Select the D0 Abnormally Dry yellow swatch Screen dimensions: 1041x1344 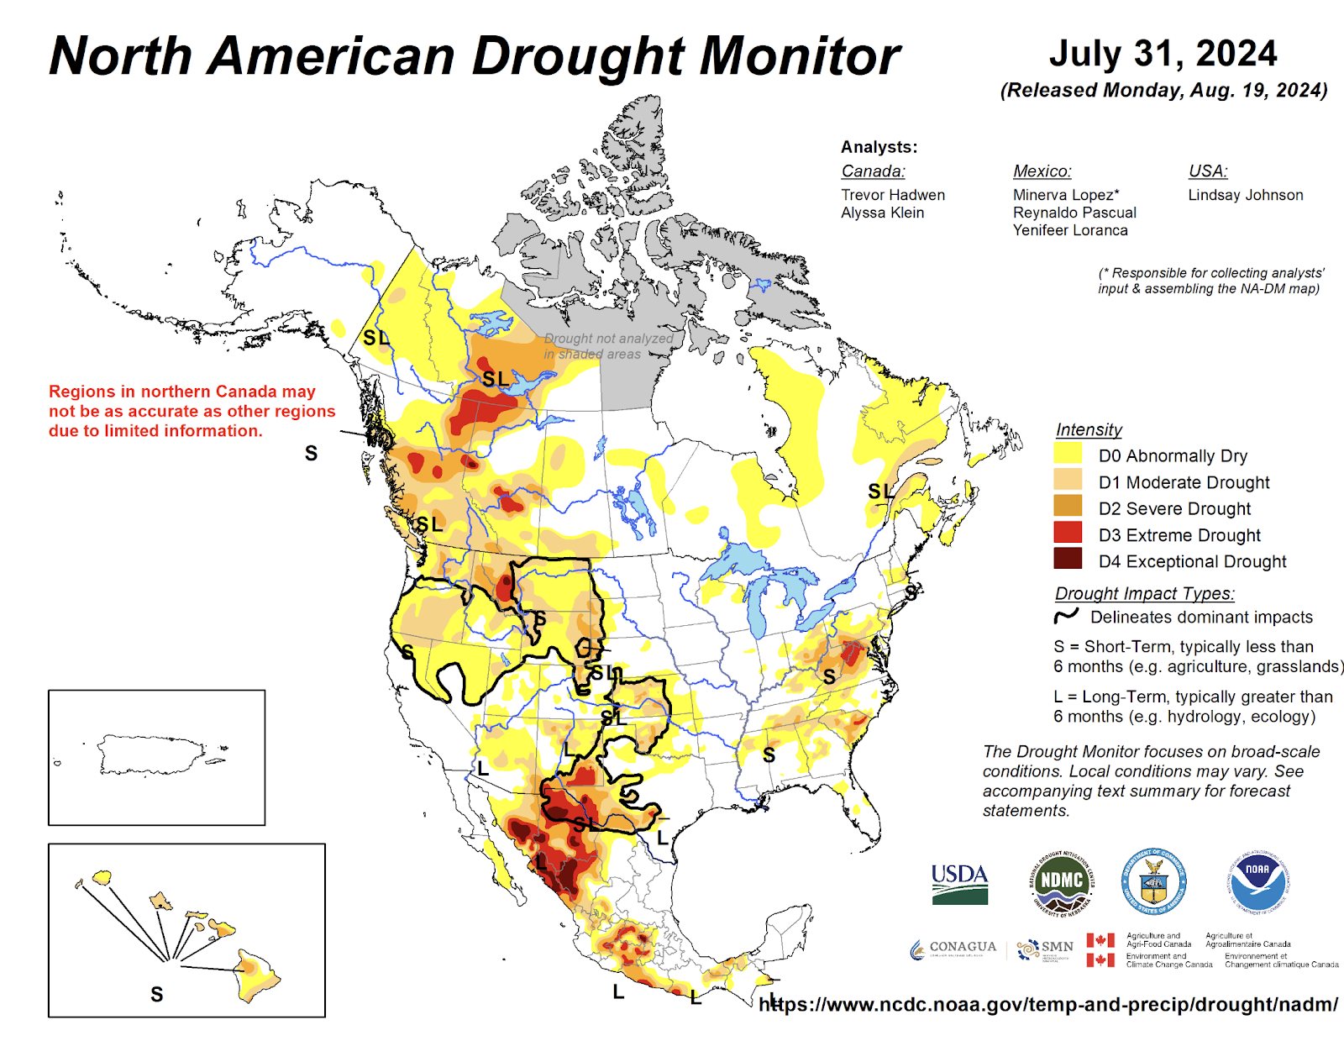tap(1068, 455)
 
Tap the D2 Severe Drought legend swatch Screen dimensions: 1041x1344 tap(1068, 507)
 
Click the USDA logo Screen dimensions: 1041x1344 tap(959, 884)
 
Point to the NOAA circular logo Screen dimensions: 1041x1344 tap(1257, 881)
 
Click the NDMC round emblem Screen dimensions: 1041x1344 tap(1062, 882)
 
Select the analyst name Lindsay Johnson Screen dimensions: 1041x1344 tap(1245, 195)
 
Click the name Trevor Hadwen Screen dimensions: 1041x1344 tap(893, 195)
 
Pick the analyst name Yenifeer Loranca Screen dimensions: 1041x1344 tap(1069, 230)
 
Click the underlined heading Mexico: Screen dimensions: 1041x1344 tap(1042, 171)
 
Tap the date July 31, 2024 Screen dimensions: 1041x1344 tap(1163, 54)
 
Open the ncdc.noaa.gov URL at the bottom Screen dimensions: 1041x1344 tap(1047, 1004)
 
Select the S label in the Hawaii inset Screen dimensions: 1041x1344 tap(156, 995)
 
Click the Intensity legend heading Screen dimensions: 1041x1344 tap(1089, 429)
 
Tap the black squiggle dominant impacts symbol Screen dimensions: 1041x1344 tap(1066, 617)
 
